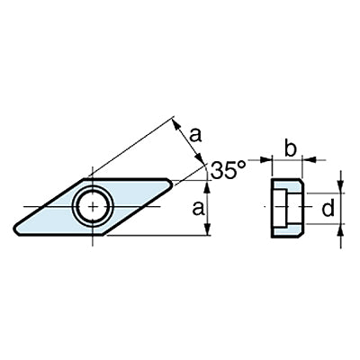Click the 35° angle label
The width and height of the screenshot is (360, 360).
[x=228, y=170]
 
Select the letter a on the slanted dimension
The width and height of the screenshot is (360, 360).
[x=195, y=135]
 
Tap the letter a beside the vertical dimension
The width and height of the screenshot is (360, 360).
[x=198, y=209]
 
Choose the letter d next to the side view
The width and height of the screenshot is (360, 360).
[x=328, y=208]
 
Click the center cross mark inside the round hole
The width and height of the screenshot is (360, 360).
[x=94, y=207]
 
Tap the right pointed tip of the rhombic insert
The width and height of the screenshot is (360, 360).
[x=171, y=181]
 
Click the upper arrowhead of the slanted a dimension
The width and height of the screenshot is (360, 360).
[x=176, y=124]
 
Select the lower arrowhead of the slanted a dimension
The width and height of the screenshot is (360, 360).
[x=200, y=159]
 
